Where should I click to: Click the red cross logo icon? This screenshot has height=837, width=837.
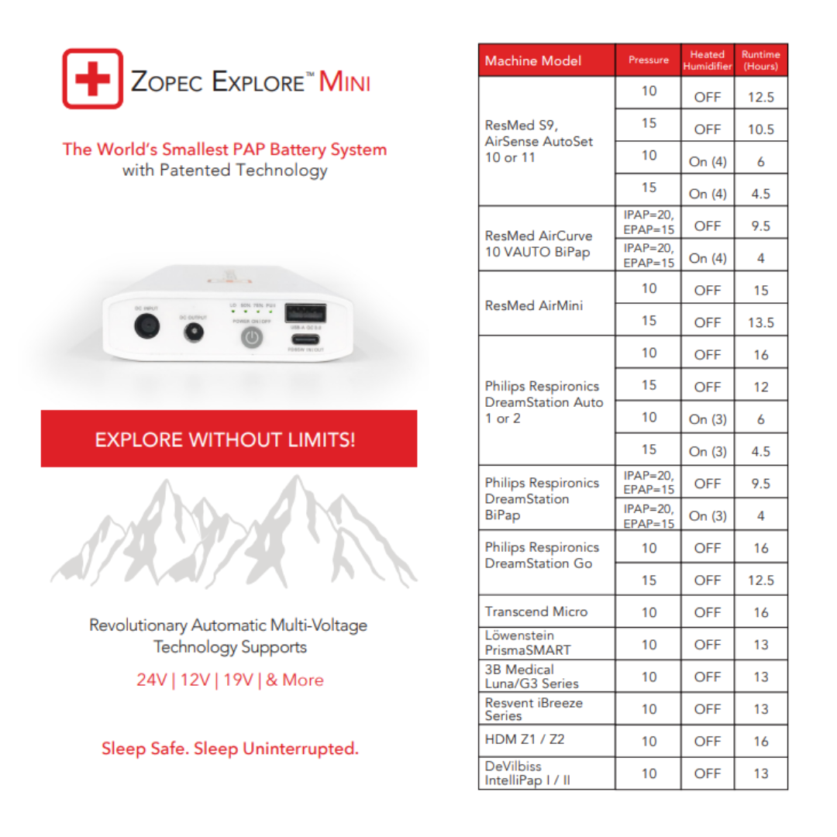point(92,79)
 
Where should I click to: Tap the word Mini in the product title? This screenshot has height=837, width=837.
point(345,81)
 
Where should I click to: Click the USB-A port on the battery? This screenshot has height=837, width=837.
point(305,313)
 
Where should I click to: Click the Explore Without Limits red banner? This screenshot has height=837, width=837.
point(229,439)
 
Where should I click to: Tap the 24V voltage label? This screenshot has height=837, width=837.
point(153,680)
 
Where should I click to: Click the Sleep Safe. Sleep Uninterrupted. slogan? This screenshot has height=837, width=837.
point(230,749)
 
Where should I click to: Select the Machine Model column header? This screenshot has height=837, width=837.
point(533,60)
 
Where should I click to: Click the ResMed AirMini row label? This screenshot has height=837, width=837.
point(533,305)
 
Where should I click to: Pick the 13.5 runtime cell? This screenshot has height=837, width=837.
point(760,322)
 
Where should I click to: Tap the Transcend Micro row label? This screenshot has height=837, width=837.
point(536,611)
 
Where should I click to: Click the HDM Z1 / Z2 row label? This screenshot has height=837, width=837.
point(525,739)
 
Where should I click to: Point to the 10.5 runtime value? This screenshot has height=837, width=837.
point(760,129)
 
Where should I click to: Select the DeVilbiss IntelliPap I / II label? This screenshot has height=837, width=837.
point(528,773)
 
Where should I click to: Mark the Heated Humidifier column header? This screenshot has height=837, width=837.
point(707,60)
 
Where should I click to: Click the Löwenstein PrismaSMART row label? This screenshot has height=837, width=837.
point(528,643)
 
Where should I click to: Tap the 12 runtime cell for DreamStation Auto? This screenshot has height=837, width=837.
point(760,387)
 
